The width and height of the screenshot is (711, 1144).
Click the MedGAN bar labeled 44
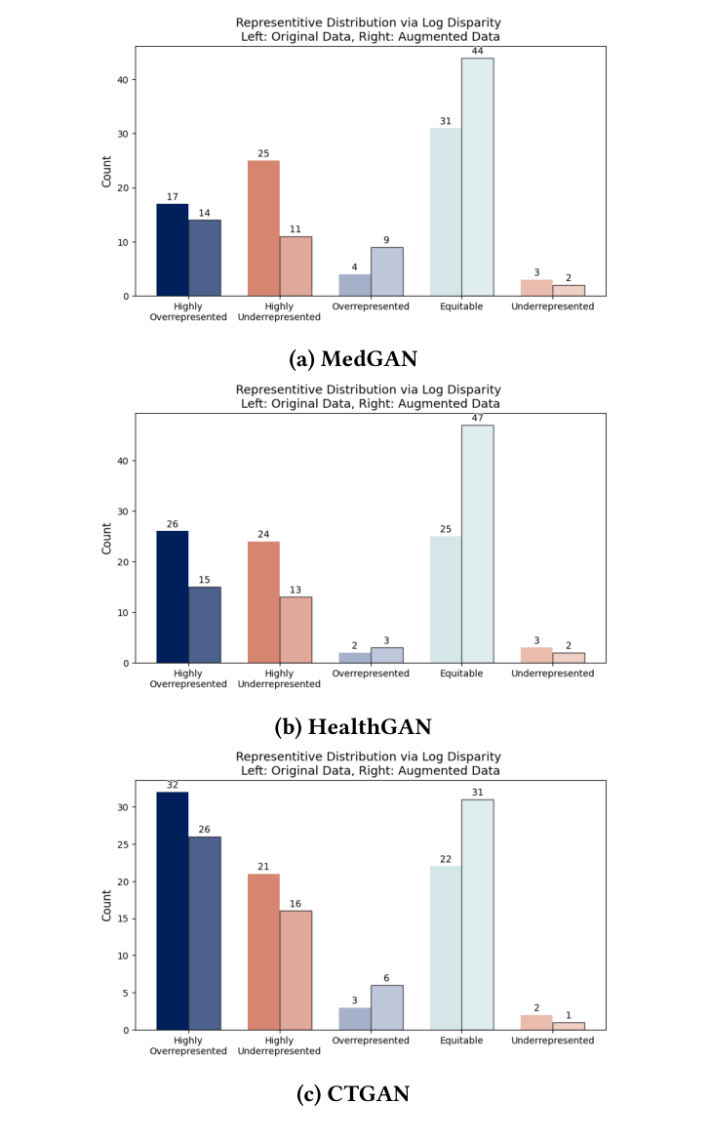click(478, 177)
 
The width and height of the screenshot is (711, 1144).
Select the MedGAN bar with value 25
click(263, 228)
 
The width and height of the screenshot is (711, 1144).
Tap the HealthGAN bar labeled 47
click(478, 544)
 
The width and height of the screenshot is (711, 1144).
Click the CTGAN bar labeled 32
click(173, 911)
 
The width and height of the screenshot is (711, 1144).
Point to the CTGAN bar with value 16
click(296, 970)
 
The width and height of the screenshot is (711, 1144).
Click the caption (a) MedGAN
click(353, 359)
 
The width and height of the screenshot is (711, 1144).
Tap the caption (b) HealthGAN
click(355, 726)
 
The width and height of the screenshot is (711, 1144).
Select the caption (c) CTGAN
click(353, 1094)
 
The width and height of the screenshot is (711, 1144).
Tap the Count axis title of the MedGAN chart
click(106, 172)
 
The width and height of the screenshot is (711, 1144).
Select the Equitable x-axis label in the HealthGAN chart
click(461, 674)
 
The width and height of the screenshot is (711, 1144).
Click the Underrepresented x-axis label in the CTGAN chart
click(552, 1041)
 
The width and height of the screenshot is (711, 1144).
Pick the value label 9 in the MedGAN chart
click(387, 240)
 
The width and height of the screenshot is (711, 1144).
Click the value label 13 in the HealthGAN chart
click(296, 590)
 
